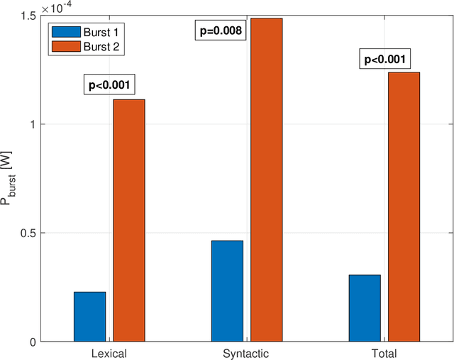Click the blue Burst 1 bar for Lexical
tap(89, 317)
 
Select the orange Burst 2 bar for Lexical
tap(129, 220)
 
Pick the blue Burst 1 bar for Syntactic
tap(227, 291)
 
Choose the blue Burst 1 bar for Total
tap(365, 308)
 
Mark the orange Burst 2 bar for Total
tap(404, 207)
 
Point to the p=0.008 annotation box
tap(220, 31)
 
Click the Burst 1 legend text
tap(100, 33)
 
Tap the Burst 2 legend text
tap(100, 46)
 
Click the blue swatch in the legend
tap(65, 33)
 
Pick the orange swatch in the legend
tap(65, 46)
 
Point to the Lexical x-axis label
tap(109, 353)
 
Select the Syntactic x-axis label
tap(247, 353)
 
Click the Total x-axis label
tap(384, 353)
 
